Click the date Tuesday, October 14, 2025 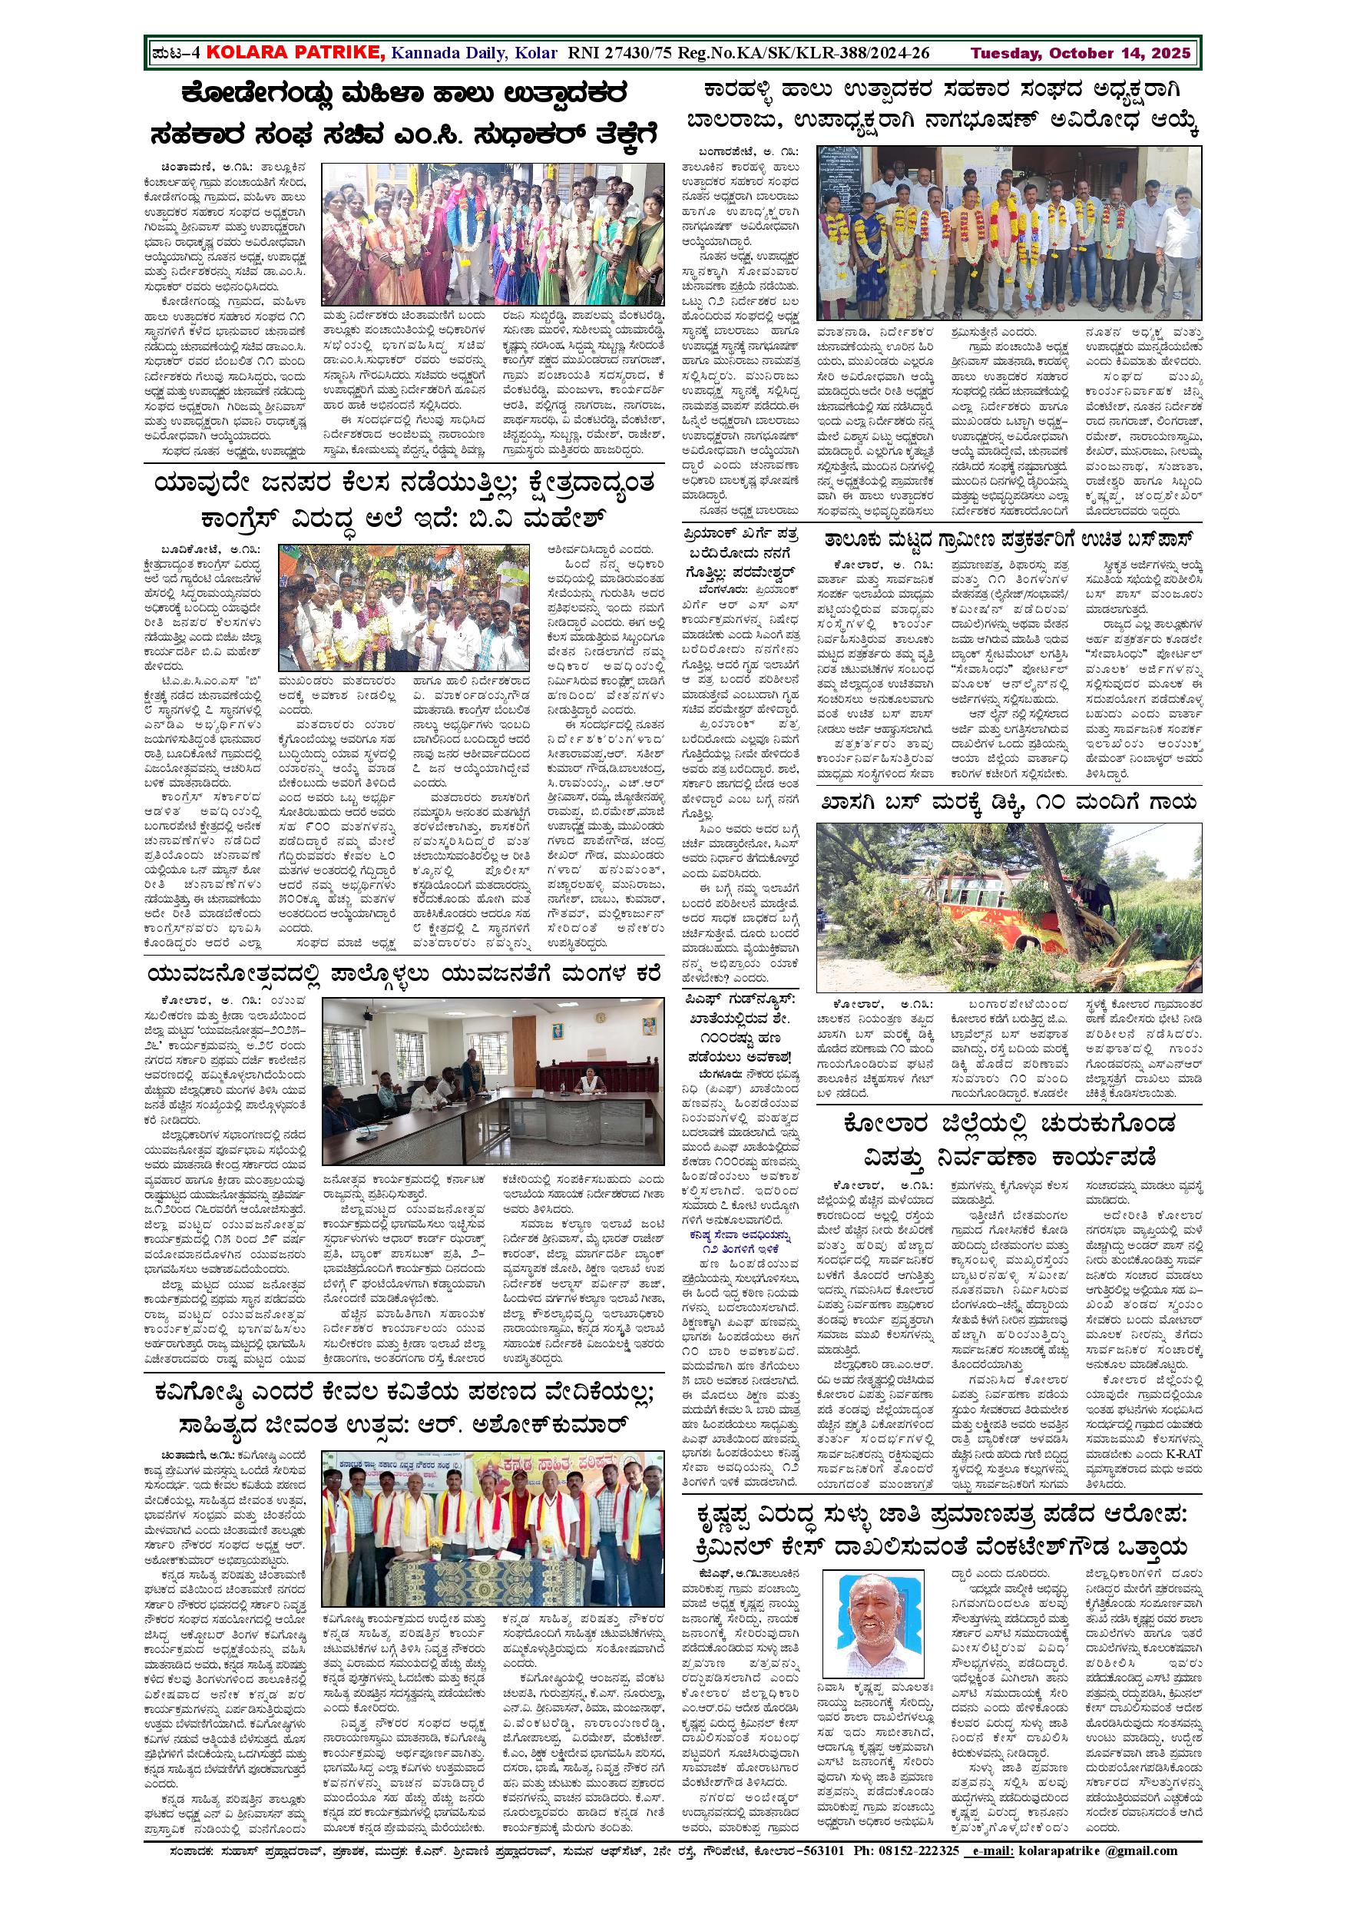[x=1081, y=54]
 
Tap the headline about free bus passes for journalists [x=1008, y=539]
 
